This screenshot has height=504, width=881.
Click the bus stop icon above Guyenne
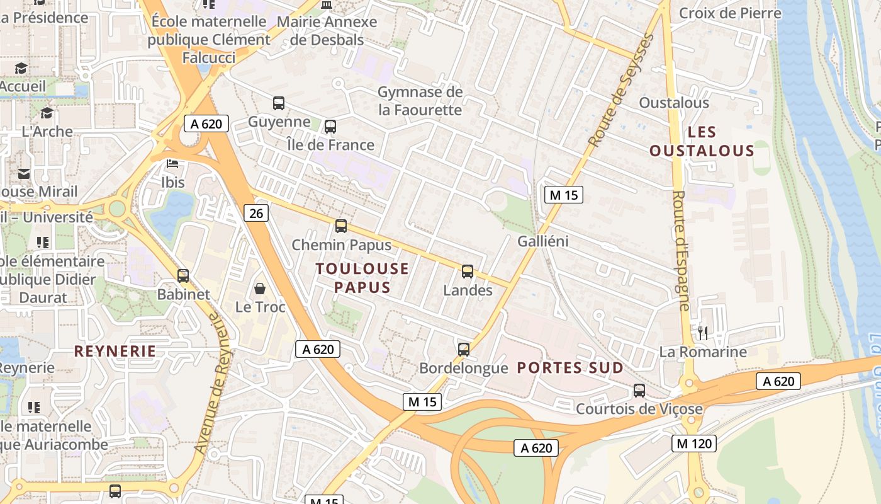click(278, 103)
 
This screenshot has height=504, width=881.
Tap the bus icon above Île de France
click(330, 127)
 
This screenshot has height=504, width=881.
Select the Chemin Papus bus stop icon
click(341, 226)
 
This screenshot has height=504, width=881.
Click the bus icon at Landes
click(468, 272)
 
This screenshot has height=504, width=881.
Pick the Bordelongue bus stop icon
click(464, 349)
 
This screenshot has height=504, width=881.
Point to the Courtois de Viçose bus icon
click(639, 391)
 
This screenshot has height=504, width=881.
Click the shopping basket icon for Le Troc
click(260, 289)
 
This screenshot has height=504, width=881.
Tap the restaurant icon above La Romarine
click(703, 333)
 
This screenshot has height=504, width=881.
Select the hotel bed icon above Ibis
click(172, 164)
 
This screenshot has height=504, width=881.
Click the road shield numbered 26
click(256, 214)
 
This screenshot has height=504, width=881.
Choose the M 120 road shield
click(695, 444)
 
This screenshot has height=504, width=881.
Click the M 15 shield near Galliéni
click(563, 195)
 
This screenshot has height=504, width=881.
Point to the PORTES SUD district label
click(570, 368)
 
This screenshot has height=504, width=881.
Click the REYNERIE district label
click(115, 351)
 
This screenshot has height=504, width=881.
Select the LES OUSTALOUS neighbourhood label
click(702, 141)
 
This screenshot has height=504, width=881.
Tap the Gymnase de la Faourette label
click(420, 101)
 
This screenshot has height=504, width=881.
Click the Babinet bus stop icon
click(183, 276)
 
